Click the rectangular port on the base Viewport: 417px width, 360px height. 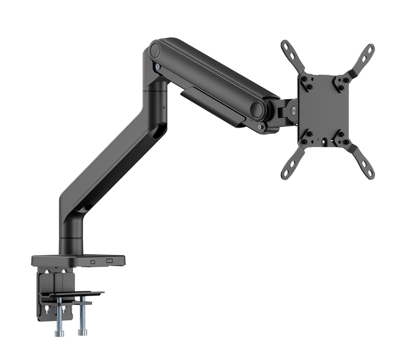(x=110, y=261)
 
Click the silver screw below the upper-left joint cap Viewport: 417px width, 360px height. (x=157, y=67)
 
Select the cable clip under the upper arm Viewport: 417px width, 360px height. (x=213, y=107)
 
